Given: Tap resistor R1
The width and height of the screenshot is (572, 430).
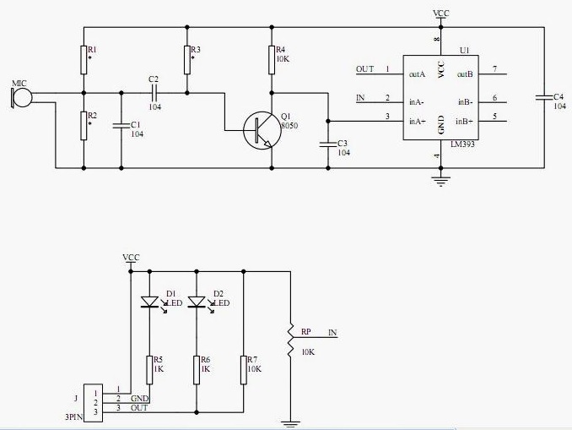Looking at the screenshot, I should tap(84, 57).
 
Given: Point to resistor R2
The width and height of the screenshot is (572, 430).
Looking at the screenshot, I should tap(84, 125).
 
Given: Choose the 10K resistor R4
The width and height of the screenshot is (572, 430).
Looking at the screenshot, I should tap(271, 58).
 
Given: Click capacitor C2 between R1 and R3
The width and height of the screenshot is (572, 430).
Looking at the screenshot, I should tap(154, 92).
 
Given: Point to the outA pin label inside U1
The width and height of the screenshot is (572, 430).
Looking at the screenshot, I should tap(416, 74).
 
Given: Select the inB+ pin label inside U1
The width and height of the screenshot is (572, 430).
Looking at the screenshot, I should tap(465, 122).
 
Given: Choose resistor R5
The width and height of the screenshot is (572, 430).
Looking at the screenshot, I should tap(149, 369).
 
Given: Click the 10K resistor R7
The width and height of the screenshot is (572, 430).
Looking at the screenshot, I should tap(243, 369).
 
